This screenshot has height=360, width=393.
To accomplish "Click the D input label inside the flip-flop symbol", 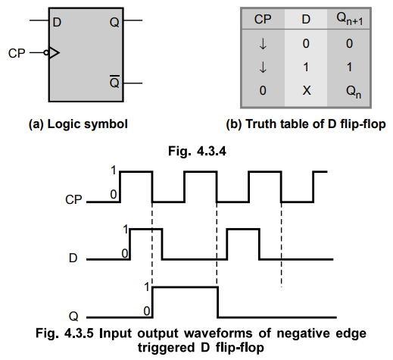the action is pyautogui.click(x=57, y=23).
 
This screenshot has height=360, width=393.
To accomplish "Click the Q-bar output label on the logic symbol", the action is pyautogui.click(x=114, y=82).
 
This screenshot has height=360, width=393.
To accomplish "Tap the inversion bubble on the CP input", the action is pyautogui.click(x=46, y=53).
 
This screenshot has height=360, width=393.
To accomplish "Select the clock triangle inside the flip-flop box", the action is pyautogui.click(x=54, y=53).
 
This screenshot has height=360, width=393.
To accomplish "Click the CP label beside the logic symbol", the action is pyautogui.click(x=17, y=53).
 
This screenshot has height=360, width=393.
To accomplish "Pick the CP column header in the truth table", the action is pyautogui.click(x=263, y=20).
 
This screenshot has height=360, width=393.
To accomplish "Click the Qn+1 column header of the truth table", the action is pyautogui.click(x=350, y=19).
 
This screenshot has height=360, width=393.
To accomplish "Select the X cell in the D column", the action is pyautogui.click(x=307, y=90).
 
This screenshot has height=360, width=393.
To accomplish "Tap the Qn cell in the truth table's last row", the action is pyautogui.click(x=354, y=92).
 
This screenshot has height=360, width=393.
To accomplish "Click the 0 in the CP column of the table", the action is pyautogui.click(x=263, y=90).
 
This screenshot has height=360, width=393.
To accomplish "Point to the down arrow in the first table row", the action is pyautogui.click(x=263, y=44).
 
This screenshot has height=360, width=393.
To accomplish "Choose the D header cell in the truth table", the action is pyautogui.click(x=306, y=20).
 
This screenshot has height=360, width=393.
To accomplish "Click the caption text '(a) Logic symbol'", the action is pyautogui.click(x=78, y=124).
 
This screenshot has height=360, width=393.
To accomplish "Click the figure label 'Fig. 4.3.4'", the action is pyautogui.click(x=197, y=152).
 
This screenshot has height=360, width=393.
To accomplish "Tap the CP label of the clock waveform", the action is pyautogui.click(x=73, y=199).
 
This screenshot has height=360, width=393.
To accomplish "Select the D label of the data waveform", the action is pyautogui.click(x=73, y=258).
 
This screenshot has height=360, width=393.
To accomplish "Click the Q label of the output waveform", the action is pyautogui.click(x=73, y=316).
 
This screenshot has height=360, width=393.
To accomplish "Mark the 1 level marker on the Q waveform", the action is pyautogui.click(x=147, y=287).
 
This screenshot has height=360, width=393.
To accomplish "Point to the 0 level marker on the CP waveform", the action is pyautogui.click(x=114, y=194).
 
